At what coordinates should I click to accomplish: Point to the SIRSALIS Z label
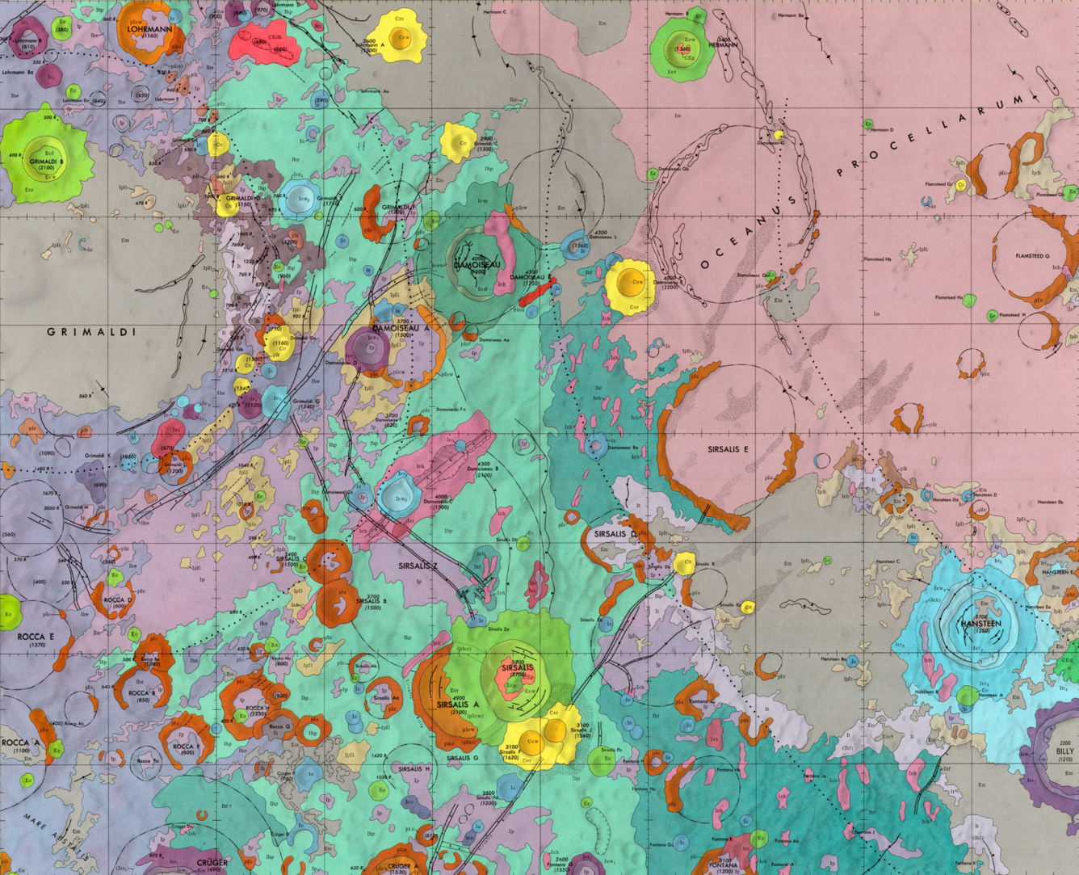click(418, 566)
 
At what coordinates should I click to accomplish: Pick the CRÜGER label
click(212, 862)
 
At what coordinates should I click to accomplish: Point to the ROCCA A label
click(20, 742)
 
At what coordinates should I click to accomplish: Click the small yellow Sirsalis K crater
click(685, 564)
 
